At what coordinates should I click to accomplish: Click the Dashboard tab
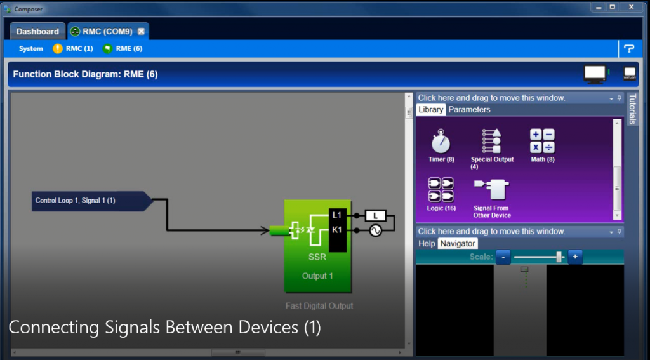point(37,31)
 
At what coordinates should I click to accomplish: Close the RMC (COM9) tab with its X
point(142,31)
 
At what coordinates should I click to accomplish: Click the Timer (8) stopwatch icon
point(441,141)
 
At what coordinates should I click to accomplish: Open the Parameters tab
point(469,110)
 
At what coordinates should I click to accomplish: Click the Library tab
point(431,110)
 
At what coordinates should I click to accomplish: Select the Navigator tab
point(458,243)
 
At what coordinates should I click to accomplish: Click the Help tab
point(427,243)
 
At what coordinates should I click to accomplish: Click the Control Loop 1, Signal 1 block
point(89,201)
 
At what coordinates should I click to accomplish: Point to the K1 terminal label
point(337,230)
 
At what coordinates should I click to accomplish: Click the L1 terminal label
point(337,216)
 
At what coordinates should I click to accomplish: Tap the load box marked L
point(375,216)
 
